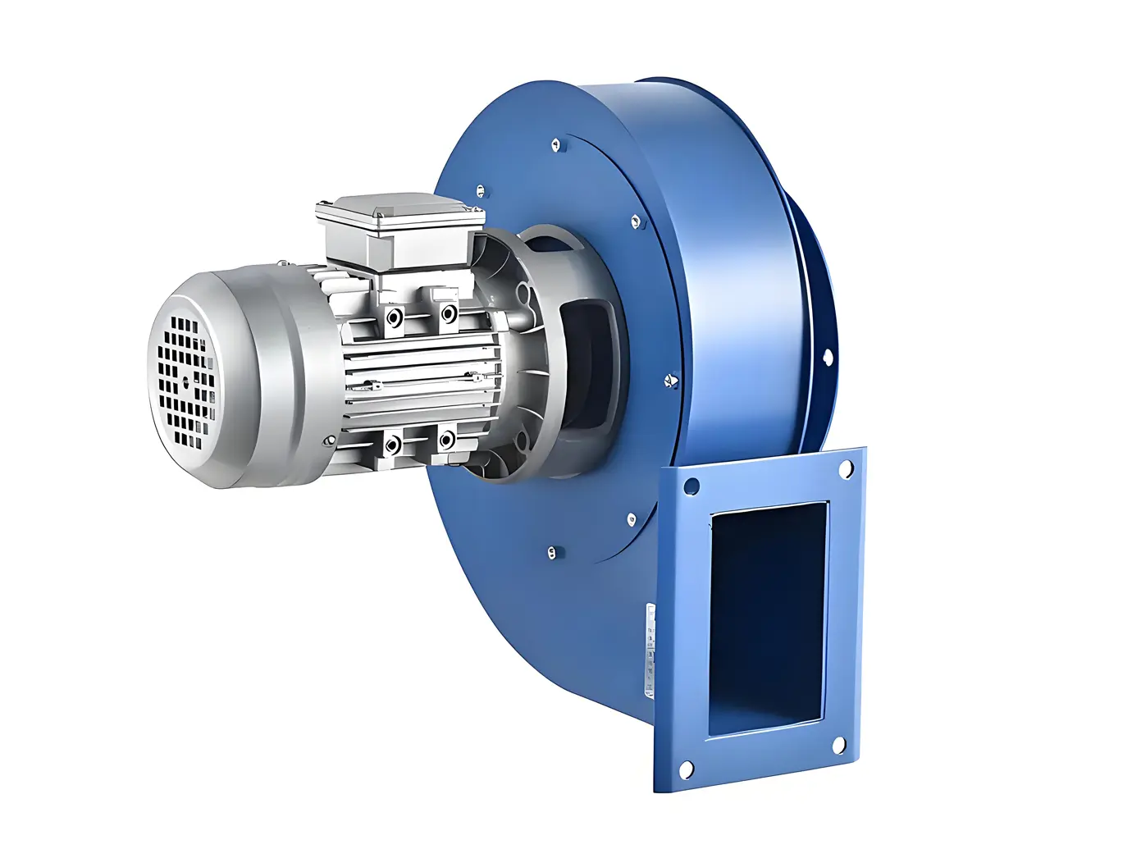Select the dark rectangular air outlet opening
(x=768, y=618)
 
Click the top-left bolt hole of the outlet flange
(x=692, y=486)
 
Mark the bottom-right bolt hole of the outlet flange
(x=839, y=745)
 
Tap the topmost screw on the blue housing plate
(x=558, y=146)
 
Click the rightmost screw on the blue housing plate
(x=669, y=380)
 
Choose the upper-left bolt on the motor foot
(x=395, y=318)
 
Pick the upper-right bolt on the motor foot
(x=449, y=313)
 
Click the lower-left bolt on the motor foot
(x=393, y=445)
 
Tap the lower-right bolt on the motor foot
(x=446, y=440)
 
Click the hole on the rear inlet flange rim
(x=827, y=356)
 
